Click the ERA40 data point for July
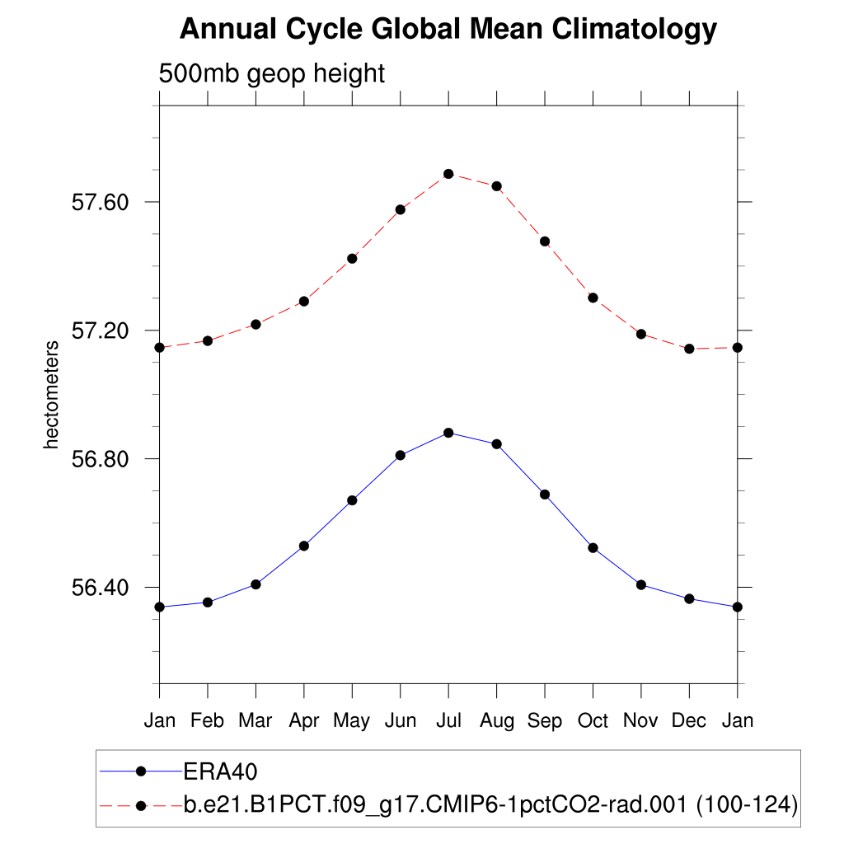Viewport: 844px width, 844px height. tap(448, 433)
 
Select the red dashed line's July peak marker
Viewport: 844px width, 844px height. tap(448, 174)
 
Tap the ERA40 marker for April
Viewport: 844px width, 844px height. tap(304, 546)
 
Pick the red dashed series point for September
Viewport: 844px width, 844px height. tap(545, 241)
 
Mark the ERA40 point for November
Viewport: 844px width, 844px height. tap(641, 584)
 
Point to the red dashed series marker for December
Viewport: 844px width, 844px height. tap(689, 349)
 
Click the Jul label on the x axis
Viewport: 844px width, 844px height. tap(448, 720)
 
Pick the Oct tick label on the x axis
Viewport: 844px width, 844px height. tap(593, 720)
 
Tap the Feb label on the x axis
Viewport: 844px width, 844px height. tap(207, 720)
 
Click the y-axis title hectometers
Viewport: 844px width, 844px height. tap(52, 394)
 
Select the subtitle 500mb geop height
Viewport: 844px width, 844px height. tap(272, 73)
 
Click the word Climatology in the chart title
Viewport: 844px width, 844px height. tap(634, 30)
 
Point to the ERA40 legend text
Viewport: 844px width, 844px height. tap(221, 771)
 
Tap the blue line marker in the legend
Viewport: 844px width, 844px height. tap(141, 771)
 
